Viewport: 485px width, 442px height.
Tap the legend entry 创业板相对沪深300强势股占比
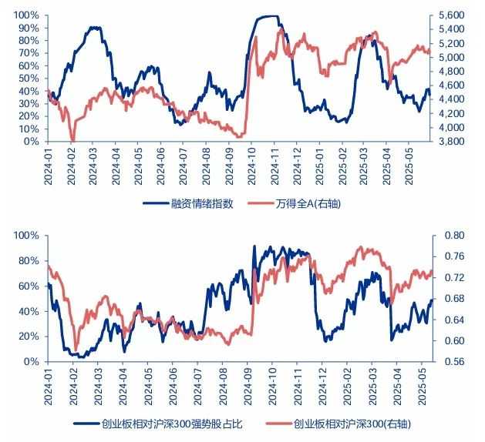pyautogui.click(x=173, y=424)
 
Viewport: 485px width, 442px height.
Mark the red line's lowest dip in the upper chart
pyautogui.click(x=72, y=141)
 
